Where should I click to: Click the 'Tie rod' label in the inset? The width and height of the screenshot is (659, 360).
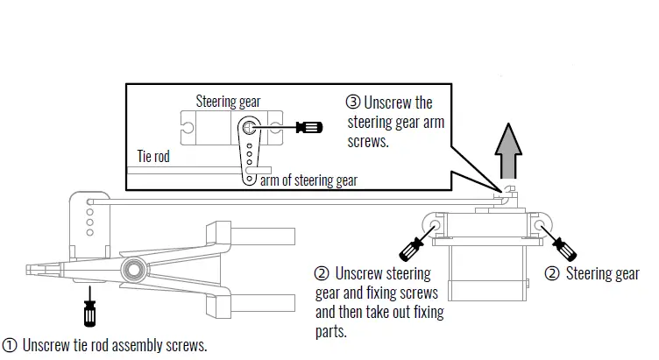point(153,158)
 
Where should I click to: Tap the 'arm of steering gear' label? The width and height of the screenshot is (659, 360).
point(308,180)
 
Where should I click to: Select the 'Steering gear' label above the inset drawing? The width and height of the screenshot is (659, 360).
point(228,102)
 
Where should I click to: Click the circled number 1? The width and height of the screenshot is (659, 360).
point(10,345)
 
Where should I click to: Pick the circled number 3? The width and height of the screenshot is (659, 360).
point(353,102)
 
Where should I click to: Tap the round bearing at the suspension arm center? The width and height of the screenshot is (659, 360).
point(134,265)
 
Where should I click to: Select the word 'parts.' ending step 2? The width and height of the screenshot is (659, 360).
point(331,331)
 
